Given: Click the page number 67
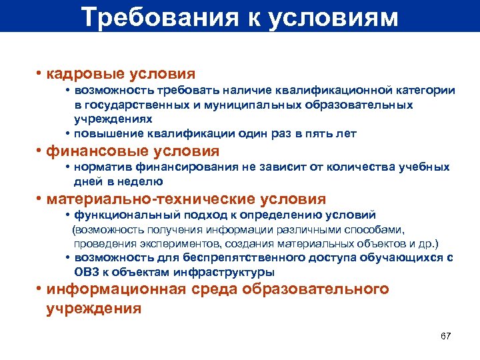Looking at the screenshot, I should (446, 335).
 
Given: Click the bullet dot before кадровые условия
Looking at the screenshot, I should (40, 73).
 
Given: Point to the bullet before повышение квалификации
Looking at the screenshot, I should (69, 133).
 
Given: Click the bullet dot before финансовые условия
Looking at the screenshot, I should (40, 151).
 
